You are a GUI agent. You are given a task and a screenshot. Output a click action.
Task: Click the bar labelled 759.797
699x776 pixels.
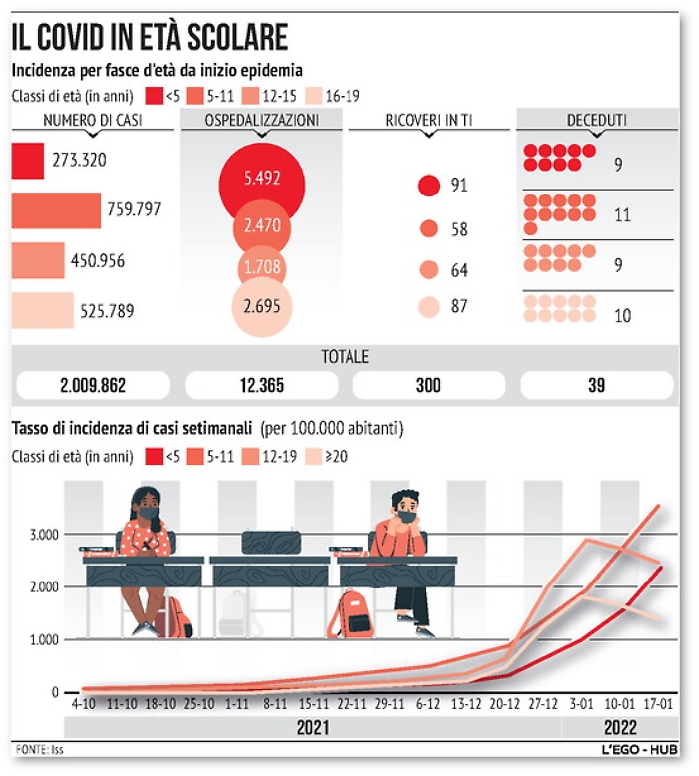(x=56, y=210)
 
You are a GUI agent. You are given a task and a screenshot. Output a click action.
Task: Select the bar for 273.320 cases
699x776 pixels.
(x=28, y=161)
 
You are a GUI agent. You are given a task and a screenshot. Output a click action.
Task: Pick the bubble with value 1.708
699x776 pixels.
(x=262, y=268)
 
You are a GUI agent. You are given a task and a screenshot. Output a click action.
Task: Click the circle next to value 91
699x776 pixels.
(x=429, y=186)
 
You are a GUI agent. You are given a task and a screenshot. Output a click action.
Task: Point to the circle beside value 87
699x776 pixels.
(x=429, y=307)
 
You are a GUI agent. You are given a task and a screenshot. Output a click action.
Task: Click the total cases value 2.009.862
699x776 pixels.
(x=94, y=385)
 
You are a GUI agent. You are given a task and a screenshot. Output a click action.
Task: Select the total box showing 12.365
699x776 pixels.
(x=262, y=385)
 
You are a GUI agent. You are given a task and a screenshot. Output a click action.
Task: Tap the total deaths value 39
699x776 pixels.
(x=596, y=385)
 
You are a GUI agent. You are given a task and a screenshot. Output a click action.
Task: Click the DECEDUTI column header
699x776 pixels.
(x=596, y=121)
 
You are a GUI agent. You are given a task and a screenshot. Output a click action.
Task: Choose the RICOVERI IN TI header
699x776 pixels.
(x=428, y=121)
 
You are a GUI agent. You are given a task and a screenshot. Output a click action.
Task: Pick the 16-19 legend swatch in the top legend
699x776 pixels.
(x=313, y=96)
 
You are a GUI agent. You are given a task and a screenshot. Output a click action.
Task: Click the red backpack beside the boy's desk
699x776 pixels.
(x=353, y=612)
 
